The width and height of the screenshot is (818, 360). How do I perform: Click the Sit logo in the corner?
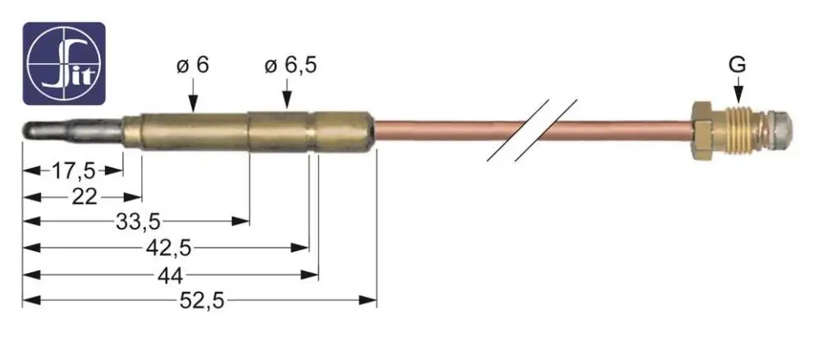pyautogui.click(x=64, y=63)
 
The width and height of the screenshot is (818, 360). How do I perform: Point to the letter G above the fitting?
pyautogui.click(x=738, y=62)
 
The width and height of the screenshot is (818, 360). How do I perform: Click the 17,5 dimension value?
pyautogui.click(x=73, y=171)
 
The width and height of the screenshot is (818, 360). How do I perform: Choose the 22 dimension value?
pyautogui.click(x=84, y=196)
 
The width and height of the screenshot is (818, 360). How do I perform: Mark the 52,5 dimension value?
pyautogui.click(x=201, y=300)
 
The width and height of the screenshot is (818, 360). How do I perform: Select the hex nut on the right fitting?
pyautogui.click(x=701, y=130)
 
